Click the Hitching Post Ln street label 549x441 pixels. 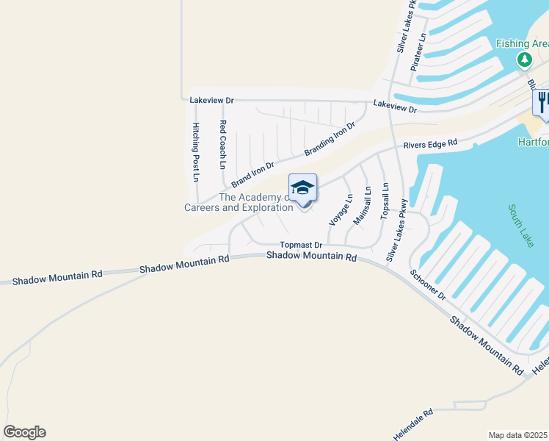pyautogui.click(x=196, y=152)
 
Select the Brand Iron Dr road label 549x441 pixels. pyautogui.click(x=252, y=174)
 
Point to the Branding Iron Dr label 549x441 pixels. pyautogui.click(x=330, y=139)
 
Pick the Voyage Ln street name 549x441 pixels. pyautogui.click(x=341, y=209)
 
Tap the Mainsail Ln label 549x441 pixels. pyautogui.click(x=363, y=206)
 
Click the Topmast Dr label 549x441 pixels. pyautogui.click(x=301, y=245)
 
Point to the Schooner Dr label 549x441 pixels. pyautogui.click(x=429, y=284)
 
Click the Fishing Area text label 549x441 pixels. pyautogui.click(x=522, y=43)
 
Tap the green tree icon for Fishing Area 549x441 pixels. pyautogui.click(x=524, y=59)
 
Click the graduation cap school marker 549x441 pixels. pyautogui.click(x=302, y=189)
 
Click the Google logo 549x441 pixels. pyautogui.click(x=24, y=431)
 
